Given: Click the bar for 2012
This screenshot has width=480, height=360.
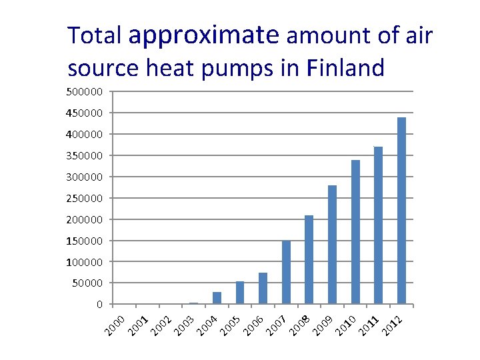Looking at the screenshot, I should [x=401, y=211].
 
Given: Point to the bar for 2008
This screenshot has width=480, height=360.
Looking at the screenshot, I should [x=309, y=259].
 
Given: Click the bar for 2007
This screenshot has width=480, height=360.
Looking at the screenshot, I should [x=286, y=273].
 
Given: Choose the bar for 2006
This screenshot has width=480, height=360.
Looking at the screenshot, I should [x=263, y=288].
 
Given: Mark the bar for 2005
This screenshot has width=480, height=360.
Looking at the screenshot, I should [x=240, y=293].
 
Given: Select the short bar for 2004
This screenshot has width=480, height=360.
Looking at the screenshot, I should [x=217, y=298].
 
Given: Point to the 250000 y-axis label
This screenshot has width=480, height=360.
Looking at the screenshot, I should [x=84, y=198].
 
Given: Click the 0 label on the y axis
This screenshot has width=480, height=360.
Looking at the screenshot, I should [x=99, y=305].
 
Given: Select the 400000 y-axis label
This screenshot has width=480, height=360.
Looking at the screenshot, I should [x=84, y=135].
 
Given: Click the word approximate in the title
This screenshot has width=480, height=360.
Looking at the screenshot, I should [x=205, y=35].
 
